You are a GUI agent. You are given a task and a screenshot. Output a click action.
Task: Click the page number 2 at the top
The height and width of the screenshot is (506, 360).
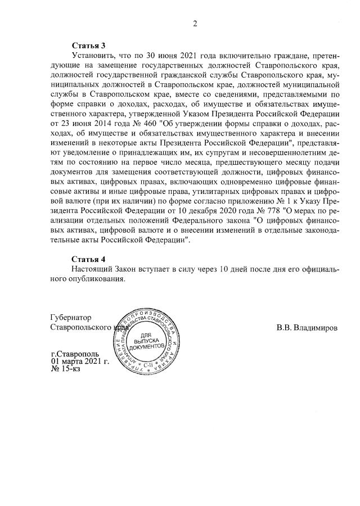coord(195,24)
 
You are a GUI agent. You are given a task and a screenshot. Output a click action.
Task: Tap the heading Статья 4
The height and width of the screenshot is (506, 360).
coord(89,259)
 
